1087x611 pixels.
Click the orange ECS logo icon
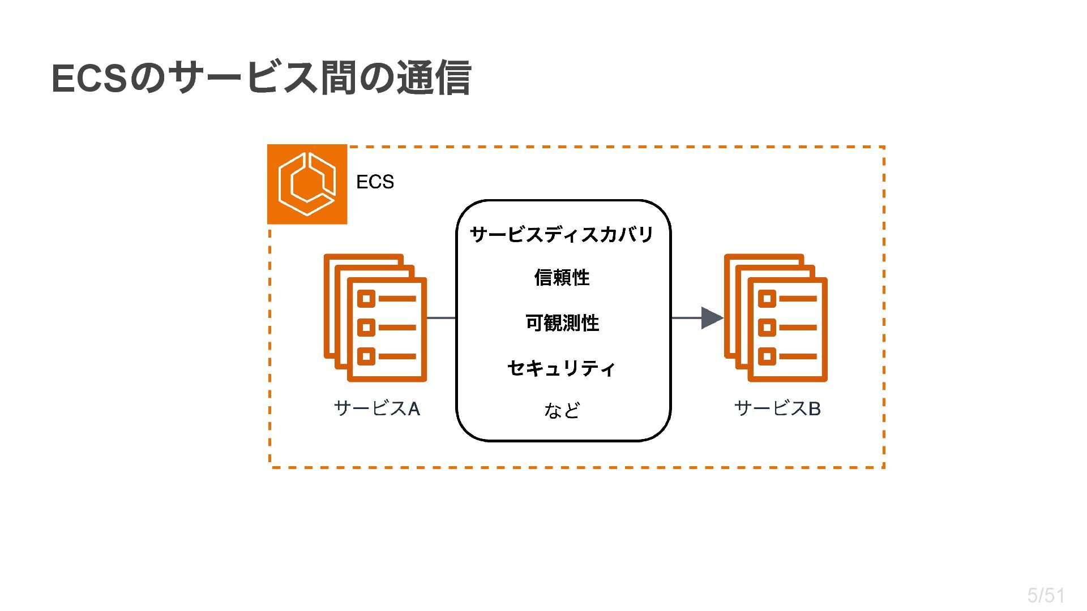tap(307, 184)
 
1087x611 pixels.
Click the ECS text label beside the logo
tap(375, 182)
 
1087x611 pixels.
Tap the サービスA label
tap(377, 408)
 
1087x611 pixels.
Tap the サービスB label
tap(777, 408)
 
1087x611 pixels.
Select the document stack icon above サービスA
tap(375, 318)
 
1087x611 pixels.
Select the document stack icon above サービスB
tap(776, 318)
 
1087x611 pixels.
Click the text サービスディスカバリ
tap(562, 234)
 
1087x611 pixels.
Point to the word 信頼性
tap(562, 278)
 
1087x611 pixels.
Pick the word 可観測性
tap(562, 323)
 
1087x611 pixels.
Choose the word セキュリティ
tap(562, 368)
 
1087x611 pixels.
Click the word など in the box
tap(562, 410)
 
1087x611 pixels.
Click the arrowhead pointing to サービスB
tap(712, 318)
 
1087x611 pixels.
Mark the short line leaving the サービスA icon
tap(441, 318)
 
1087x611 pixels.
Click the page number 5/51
tap(1046, 595)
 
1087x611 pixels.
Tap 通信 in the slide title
tap(434, 78)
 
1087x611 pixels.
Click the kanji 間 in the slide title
tap(338, 78)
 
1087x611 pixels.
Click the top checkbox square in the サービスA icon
tap(366, 298)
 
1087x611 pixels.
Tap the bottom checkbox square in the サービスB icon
tap(767, 356)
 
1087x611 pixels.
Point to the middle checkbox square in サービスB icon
tap(767, 327)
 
